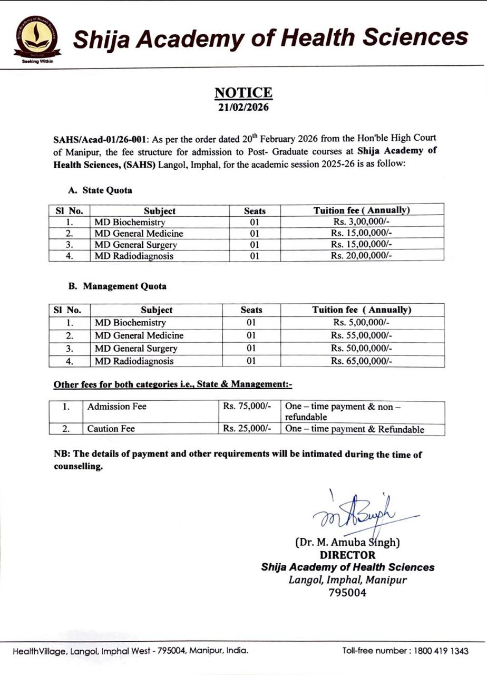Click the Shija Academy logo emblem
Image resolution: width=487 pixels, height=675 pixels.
click(x=37, y=38)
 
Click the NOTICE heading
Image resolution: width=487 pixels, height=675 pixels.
click(x=244, y=93)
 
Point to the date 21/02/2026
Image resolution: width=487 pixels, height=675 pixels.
click(x=244, y=107)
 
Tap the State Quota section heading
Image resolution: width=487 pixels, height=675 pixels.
click(x=100, y=190)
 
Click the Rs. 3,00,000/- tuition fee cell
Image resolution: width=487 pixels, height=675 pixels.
click(x=362, y=222)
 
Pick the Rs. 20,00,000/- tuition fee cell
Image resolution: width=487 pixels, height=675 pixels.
click(x=362, y=256)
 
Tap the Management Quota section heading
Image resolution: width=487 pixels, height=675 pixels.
click(x=117, y=286)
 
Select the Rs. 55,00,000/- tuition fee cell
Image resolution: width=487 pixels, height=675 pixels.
click(x=362, y=335)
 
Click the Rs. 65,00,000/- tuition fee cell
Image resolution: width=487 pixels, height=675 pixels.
click(x=362, y=361)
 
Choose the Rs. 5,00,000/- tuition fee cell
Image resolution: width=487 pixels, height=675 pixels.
click(x=362, y=323)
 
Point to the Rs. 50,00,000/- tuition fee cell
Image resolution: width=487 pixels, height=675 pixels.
click(x=362, y=348)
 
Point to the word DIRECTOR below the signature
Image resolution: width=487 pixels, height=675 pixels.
click(x=348, y=555)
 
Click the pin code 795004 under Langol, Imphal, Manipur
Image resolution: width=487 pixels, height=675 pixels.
click(x=347, y=592)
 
